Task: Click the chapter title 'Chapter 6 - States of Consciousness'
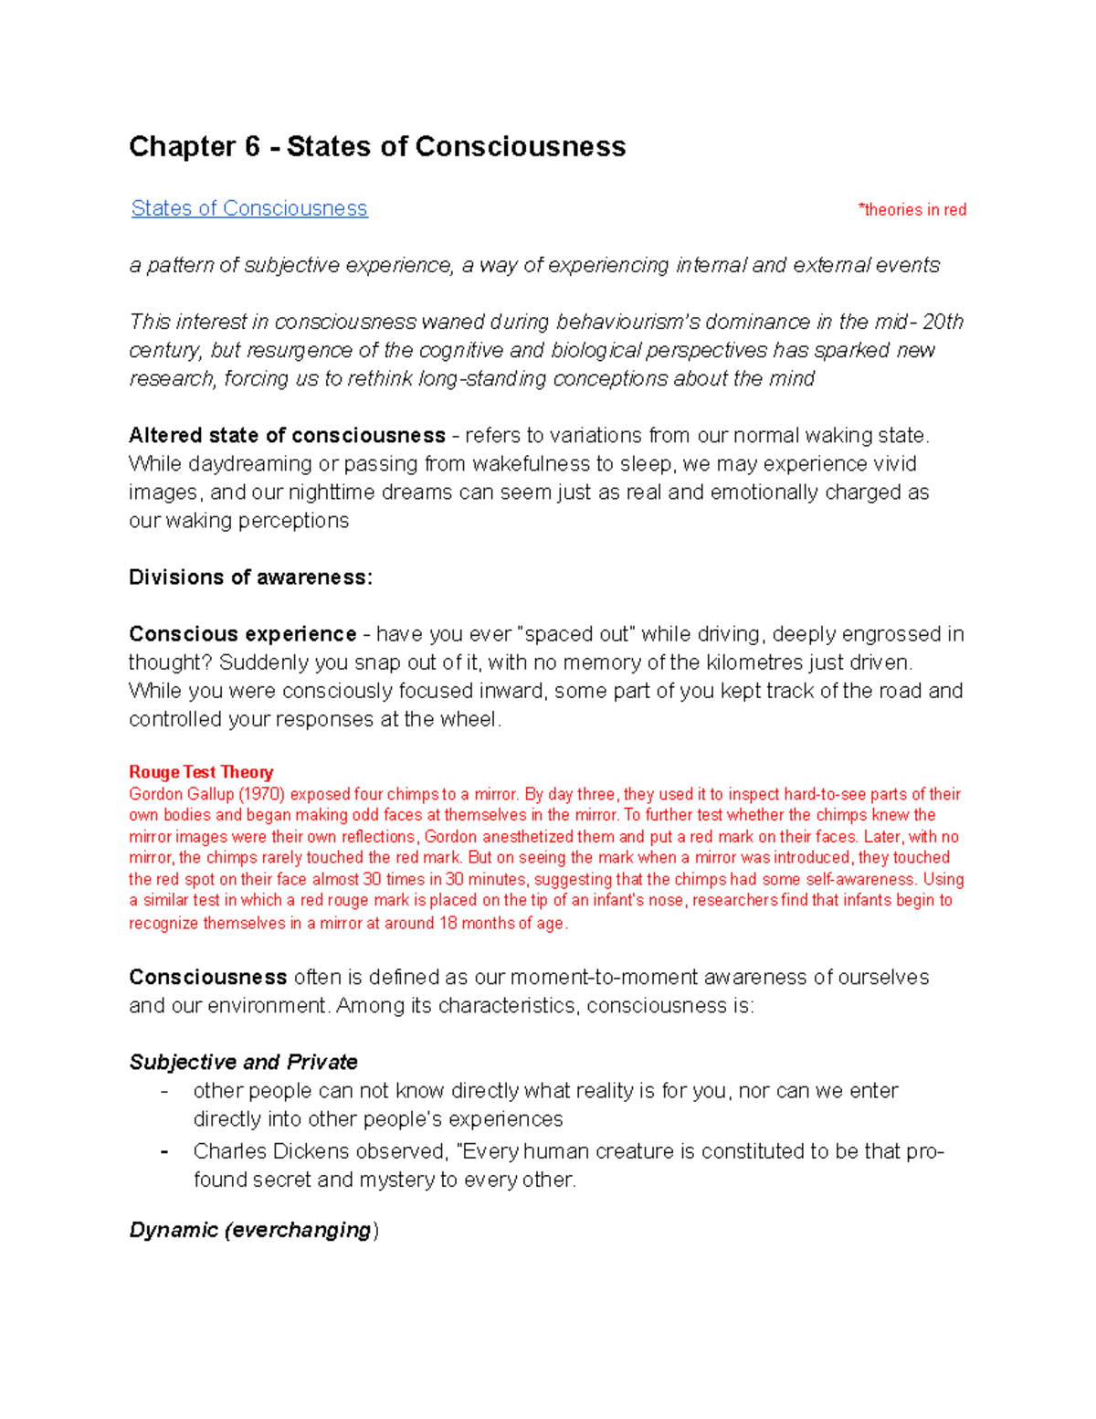377,147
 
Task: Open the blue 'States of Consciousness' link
249,208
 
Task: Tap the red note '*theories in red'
912,210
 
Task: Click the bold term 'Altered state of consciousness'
287,435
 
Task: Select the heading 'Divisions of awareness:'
250,577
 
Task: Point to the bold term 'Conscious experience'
242,634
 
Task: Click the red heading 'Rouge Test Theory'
201,772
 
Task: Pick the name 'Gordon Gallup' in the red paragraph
181,794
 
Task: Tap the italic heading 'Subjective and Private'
243,1062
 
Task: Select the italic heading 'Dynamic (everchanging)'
253,1230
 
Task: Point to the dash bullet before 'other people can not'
164,1091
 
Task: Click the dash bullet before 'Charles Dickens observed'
164,1151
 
